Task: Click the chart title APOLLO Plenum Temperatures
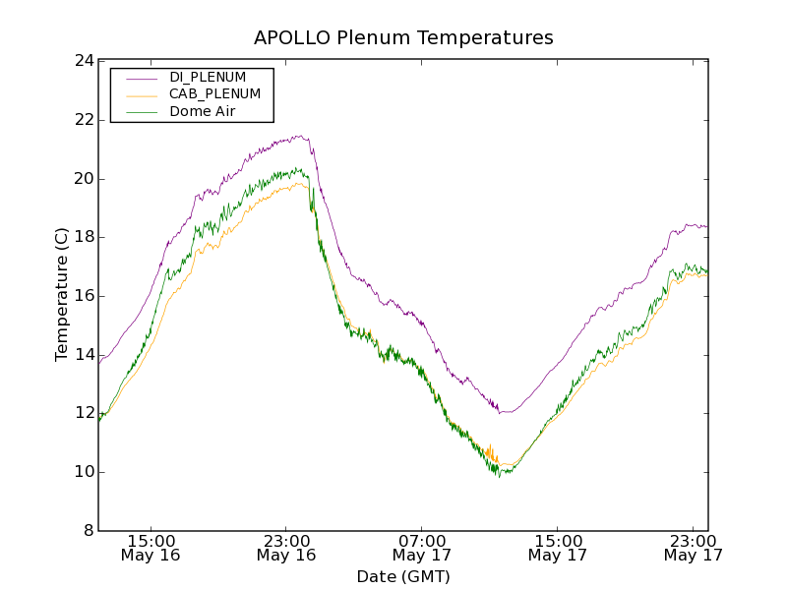[403, 38]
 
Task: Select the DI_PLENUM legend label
[208, 77]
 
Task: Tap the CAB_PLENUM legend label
[214, 94]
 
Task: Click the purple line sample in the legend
[141, 77]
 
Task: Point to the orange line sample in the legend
[141, 94]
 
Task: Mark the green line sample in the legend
[141, 112]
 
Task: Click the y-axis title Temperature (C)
[62, 295]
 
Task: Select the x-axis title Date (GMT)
[403, 576]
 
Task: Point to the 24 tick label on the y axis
[84, 61]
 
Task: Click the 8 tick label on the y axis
[89, 531]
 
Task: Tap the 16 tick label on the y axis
[84, 296]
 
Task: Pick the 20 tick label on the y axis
[84, 179]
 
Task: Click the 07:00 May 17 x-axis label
[422, 548]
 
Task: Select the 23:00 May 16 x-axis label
[286, 548]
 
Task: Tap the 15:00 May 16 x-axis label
[151, 548]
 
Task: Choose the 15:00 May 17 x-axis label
[558, 548]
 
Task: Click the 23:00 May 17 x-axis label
[693, 548]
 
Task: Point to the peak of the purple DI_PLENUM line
[298, 136]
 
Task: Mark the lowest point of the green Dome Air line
[499, 477]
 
